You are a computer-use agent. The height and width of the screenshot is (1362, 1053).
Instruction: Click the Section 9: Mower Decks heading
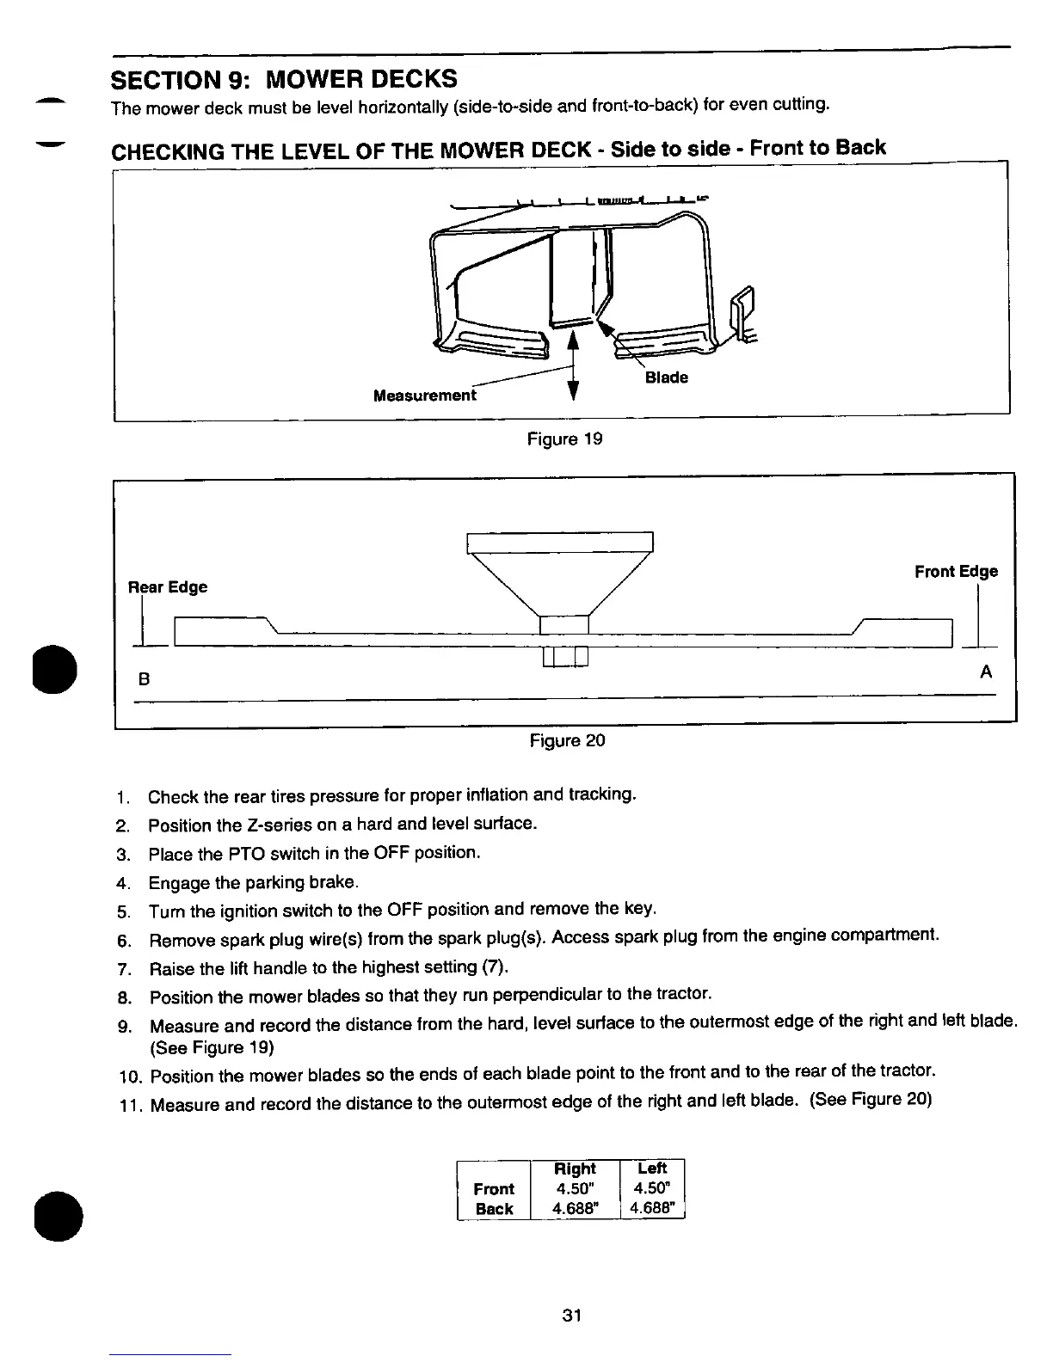284,79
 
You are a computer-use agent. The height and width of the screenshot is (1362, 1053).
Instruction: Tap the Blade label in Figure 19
666,377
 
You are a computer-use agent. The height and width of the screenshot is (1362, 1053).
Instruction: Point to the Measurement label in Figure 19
424,396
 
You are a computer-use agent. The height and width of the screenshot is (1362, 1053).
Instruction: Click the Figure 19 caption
564,439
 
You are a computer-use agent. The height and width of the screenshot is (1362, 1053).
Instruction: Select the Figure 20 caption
567,740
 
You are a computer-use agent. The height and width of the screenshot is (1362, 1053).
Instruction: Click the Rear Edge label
168,587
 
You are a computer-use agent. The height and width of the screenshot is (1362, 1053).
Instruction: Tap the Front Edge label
956,572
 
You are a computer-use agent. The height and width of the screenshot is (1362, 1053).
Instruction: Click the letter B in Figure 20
145,679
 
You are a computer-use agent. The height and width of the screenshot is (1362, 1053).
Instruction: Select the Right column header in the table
575,1169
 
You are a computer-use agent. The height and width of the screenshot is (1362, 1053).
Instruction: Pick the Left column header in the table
652,1168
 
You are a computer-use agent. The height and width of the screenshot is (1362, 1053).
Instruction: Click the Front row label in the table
494,1188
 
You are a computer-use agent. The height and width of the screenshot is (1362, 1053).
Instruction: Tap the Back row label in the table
494,1208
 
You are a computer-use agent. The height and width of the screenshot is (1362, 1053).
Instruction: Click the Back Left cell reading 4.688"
652,1208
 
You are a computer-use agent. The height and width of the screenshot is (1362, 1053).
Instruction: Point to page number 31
571,1315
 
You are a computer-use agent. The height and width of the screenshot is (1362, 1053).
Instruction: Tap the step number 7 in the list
123,970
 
